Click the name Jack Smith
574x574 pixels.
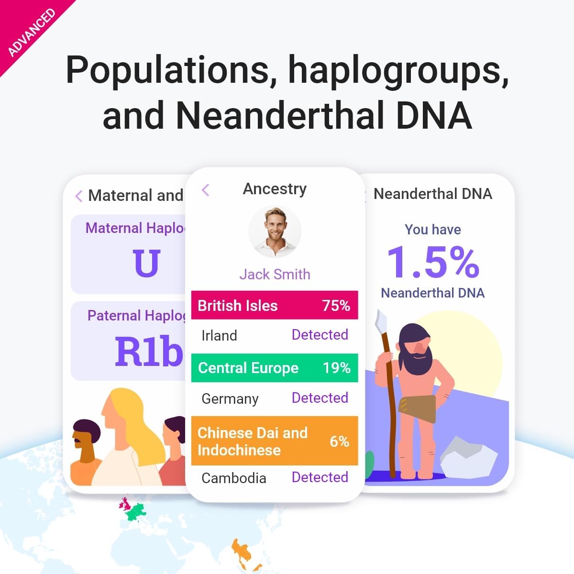275,274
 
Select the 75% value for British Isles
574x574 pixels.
336,306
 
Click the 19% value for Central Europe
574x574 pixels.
336,368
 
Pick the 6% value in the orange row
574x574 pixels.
339,441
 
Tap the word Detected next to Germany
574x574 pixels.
320,398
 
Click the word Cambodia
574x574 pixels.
233,478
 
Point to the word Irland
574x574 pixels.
219,335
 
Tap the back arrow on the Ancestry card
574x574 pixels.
206,190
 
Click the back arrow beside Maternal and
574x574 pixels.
79,196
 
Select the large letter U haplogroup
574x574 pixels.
146,263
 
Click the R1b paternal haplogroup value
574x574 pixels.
149,352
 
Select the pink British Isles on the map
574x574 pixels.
125,503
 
